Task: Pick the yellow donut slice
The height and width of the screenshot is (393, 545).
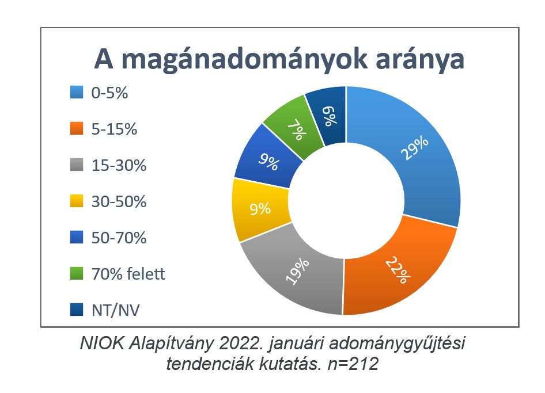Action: pyautogui.click(x=260, y=209)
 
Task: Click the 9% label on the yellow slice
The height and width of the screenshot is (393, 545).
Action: pyautogui.click(x=260, y=209)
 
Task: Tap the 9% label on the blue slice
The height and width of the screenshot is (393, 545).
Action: pyautogui.click(x=268, y=162)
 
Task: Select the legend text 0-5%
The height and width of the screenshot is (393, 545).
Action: pyautogui.click(x=109, y=93)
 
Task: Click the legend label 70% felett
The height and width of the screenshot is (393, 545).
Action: pyautogui.click(x=128, y=274)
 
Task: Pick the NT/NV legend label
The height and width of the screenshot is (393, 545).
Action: pyautogui.click(x=115, y=310)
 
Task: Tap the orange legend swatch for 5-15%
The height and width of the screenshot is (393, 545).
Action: pyautogui.click(x=77, y=128)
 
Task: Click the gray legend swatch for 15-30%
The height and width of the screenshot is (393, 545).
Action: pyautogui.click(x=77, y=165)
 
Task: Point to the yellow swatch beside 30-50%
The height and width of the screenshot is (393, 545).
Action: pyautogui.click(x=77, y=201)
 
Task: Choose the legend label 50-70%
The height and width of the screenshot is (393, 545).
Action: pyautogui.click(x=119, y=238)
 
